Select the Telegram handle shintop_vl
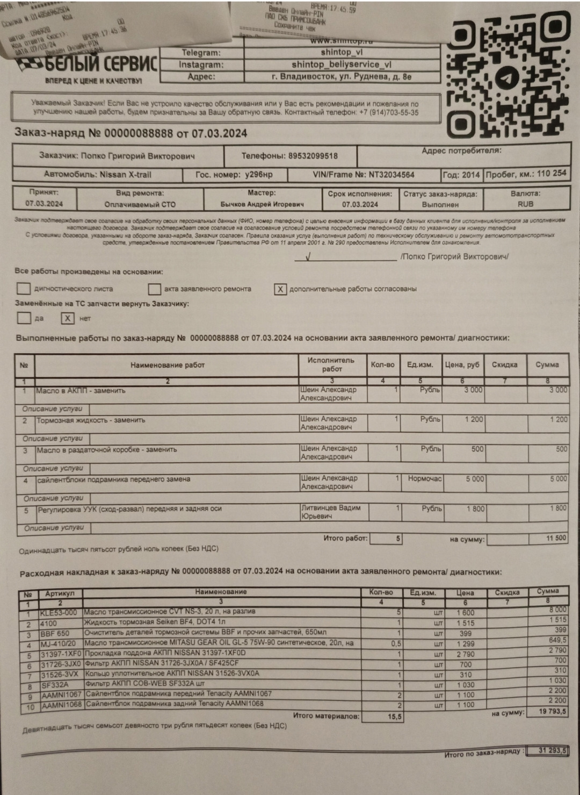[342, 53]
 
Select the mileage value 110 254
[552, 174]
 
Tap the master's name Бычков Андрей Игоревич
[262, 204]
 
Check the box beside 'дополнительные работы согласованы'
[280, 289]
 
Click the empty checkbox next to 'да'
[24, 318]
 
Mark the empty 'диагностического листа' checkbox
[24, 289]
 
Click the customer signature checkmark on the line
[308, 256]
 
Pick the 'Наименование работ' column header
[168, 365]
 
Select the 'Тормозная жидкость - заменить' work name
[91, 420]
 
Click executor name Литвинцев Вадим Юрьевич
[330, 512]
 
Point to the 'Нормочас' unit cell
[424, 478]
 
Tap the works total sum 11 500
[556, 538]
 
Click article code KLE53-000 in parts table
[59, 613]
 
